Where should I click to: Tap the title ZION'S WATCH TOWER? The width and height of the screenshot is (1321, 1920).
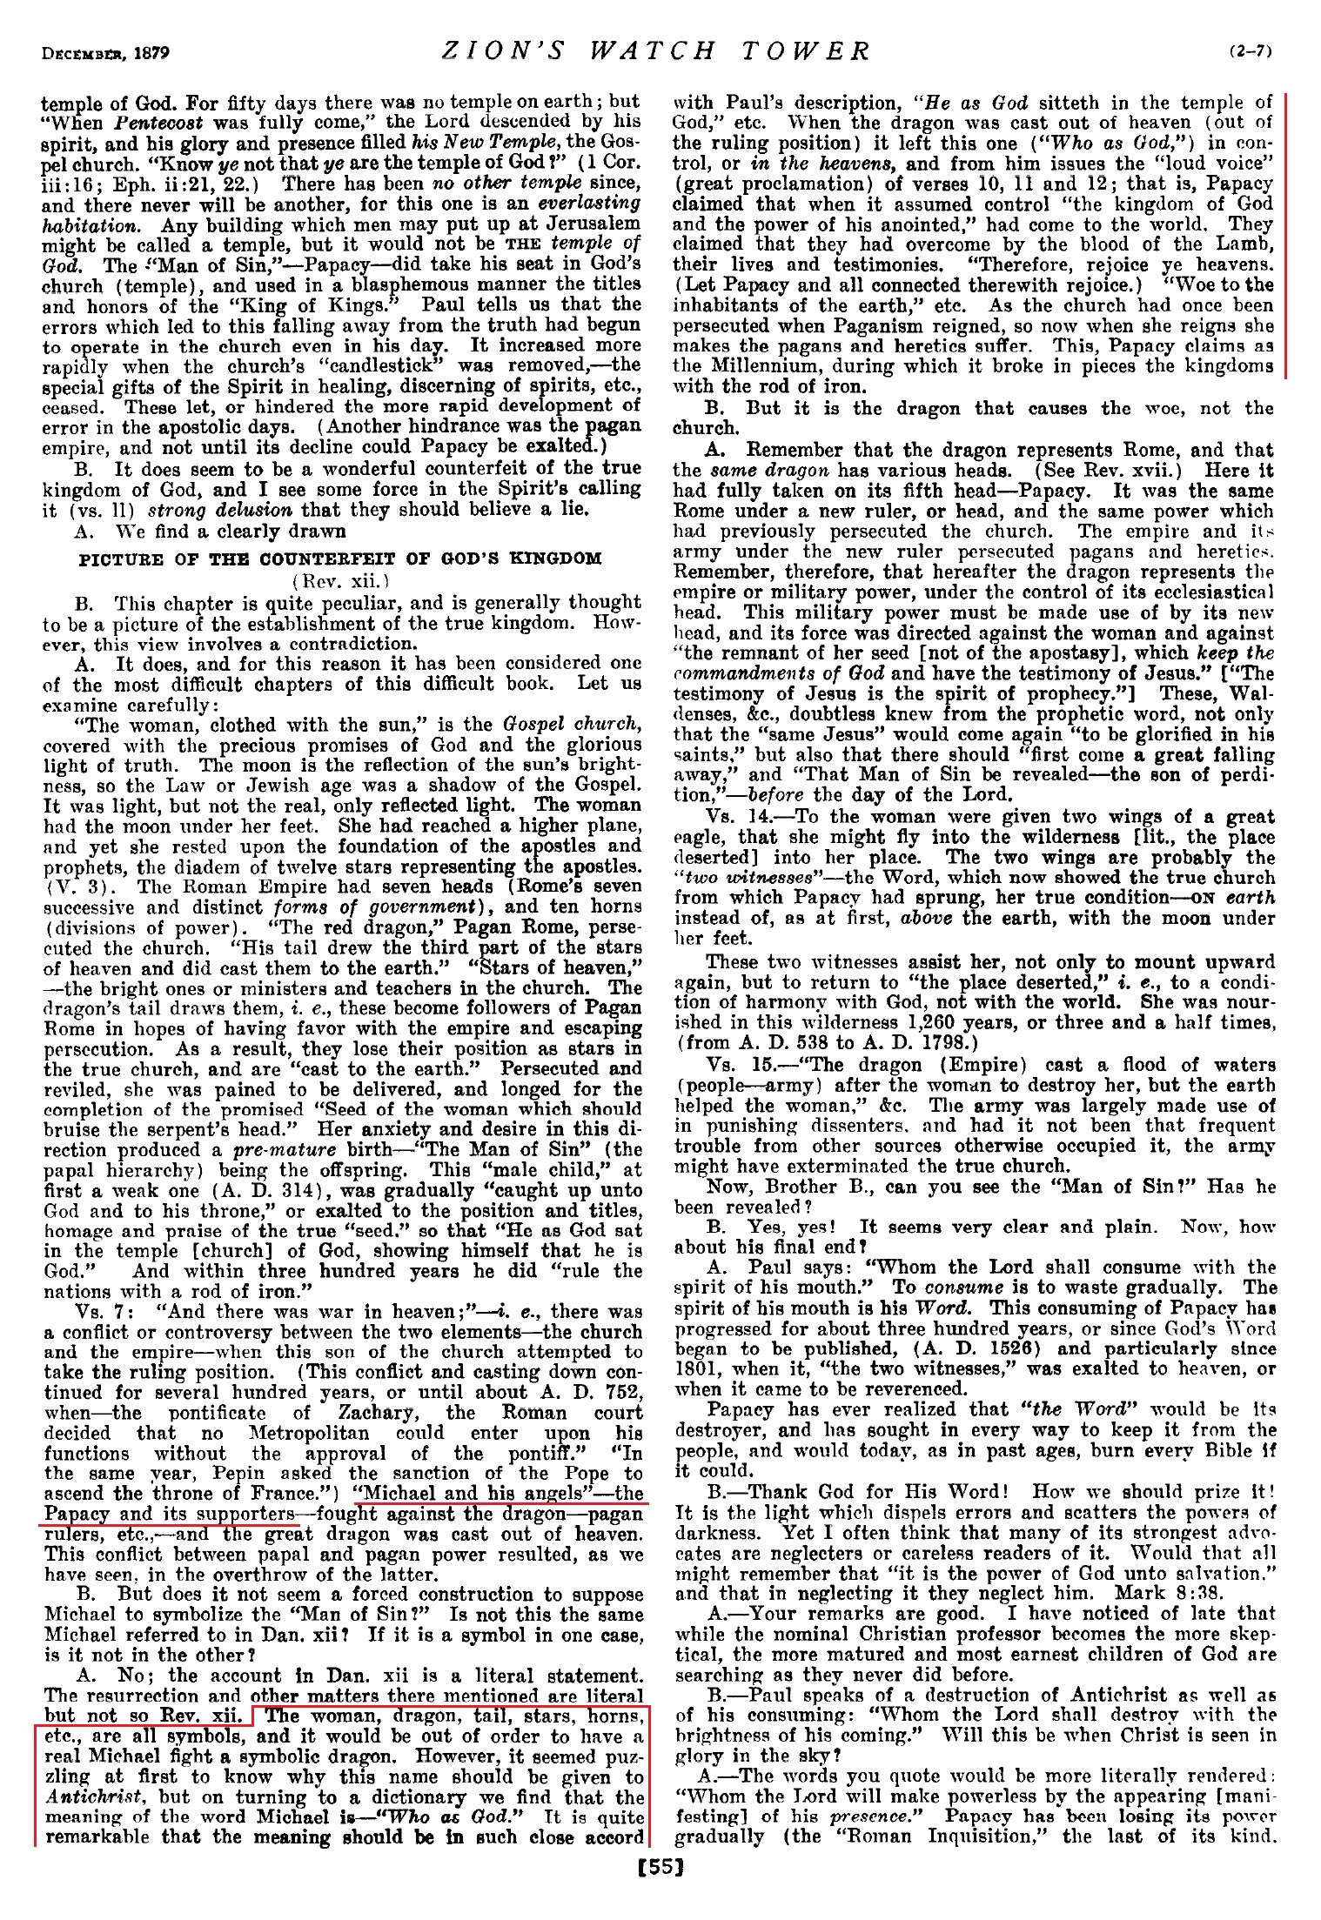pos(656,51)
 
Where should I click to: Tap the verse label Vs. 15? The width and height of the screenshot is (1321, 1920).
pos(734,1066)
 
